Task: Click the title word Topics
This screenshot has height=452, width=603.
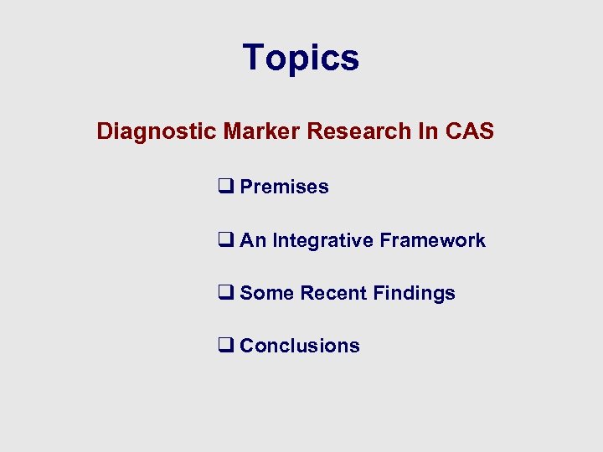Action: point(301,59)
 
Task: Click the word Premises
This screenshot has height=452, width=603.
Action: point(284,187)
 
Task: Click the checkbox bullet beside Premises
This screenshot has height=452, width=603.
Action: point(225,187)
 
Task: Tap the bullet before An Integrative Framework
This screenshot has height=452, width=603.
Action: point(225,240)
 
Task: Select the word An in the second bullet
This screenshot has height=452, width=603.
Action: point(254,240)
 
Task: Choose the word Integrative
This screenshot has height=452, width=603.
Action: point(323,241)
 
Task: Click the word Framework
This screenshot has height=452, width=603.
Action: point(432,240)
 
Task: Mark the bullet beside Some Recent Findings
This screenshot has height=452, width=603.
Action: point(225,293)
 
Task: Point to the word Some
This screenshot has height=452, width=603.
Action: point(266,293)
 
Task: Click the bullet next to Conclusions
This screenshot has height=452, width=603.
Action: point(225,346)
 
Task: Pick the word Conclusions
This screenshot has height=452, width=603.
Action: point(300,346)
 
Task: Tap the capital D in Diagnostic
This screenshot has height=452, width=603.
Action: point(105,131)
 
